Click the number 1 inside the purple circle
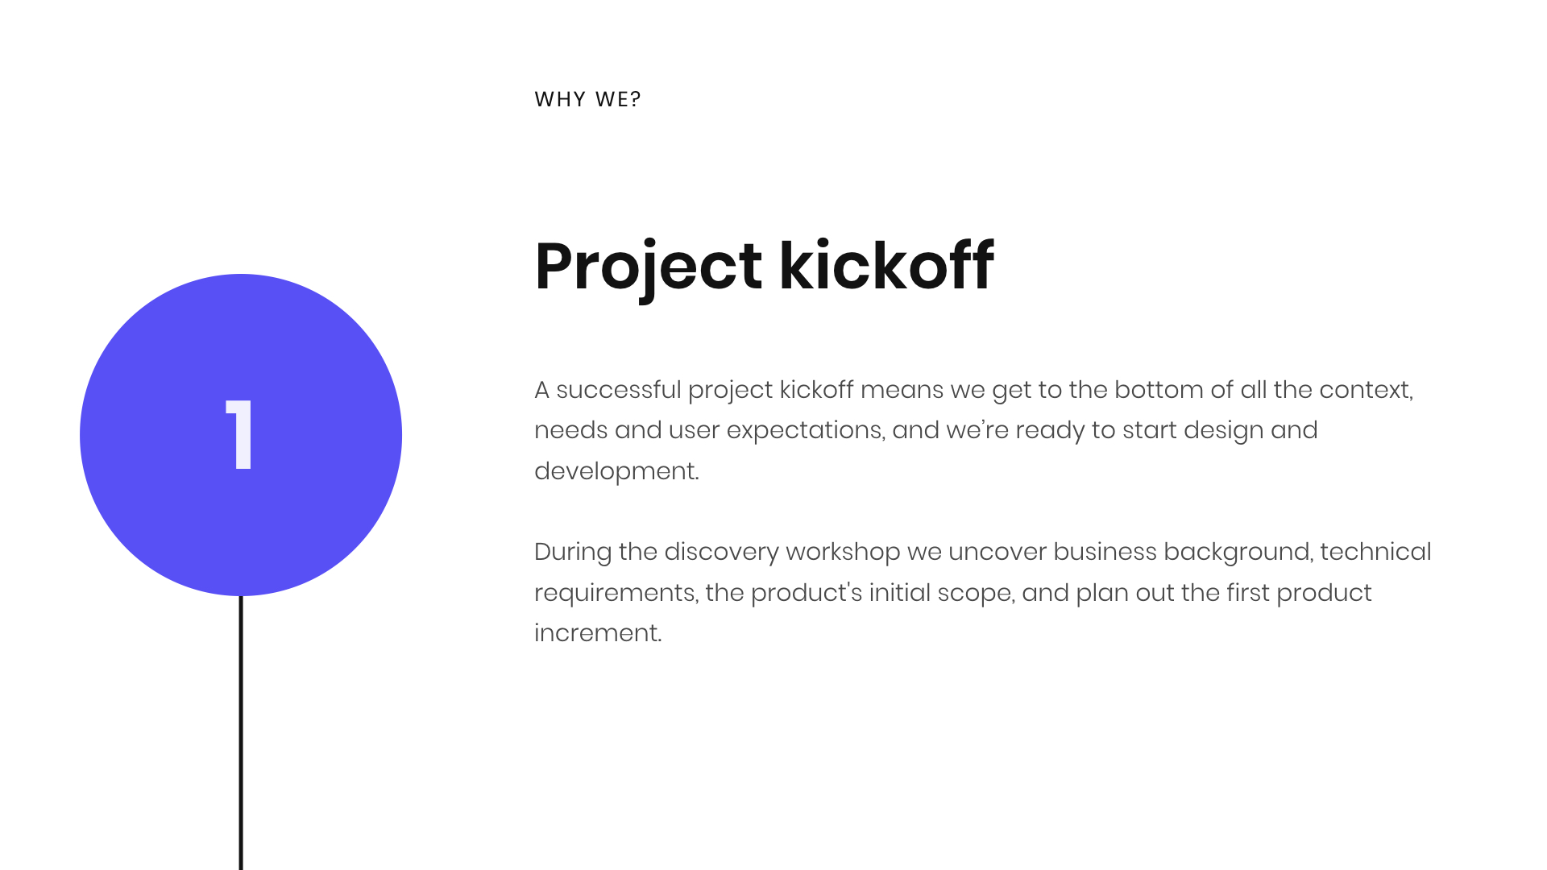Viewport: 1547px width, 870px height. pyautogui.click(x=239, y=435)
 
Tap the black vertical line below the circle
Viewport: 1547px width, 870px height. pyautogui.click(x=241, y=733)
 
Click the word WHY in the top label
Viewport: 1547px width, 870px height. pyautogui.click(x=560, y=99)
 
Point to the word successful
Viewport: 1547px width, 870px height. pyautogui.click(x=619, y=390)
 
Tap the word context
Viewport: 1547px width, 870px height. pyautogui.click(x=1367, y=391)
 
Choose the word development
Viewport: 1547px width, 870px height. pyautogui.click(x=616, y=472)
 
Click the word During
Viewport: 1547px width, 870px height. pyautogui.click(x=573, y=552)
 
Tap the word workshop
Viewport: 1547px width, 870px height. pyautogui.click(x=843, y=553)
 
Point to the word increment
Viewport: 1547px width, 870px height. pyautogui.click(x=598, y=633)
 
